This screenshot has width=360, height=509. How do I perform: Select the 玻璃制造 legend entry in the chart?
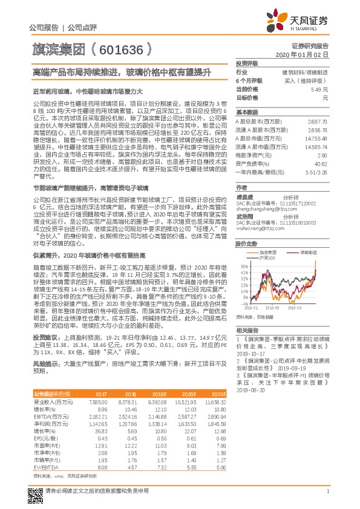pyautogui.click(x=307, y=235)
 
